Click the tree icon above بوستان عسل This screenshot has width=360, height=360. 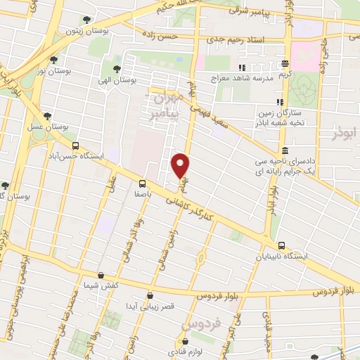(46, 116)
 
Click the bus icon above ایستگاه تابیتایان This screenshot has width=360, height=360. (282, 246)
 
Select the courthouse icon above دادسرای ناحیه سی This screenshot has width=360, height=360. (284, 151)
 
